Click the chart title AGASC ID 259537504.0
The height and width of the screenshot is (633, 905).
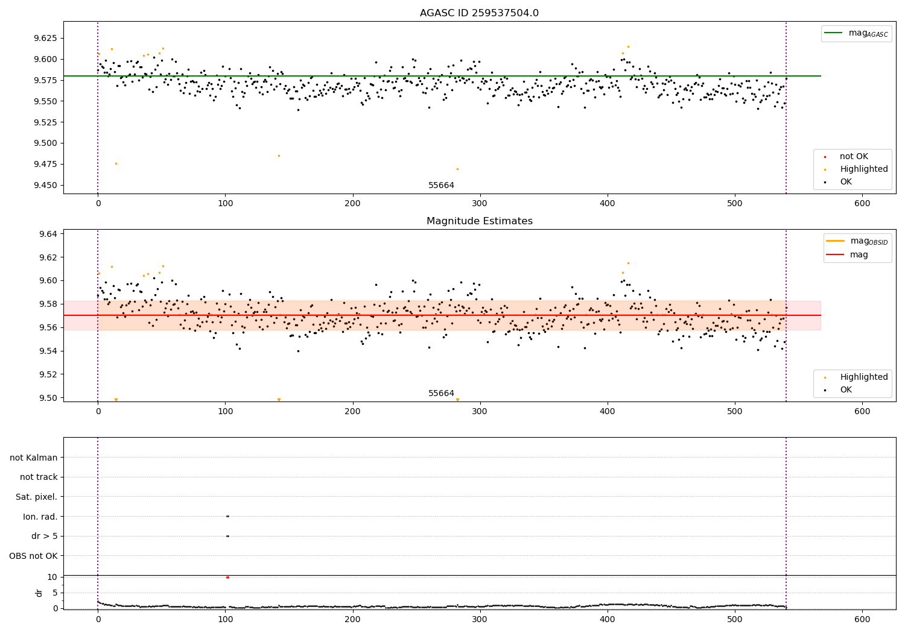click(479, 13)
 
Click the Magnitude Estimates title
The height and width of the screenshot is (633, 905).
click(479, 221)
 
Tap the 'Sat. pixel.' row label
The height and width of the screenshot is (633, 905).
click(36, 497)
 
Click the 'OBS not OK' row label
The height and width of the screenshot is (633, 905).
click(33, 556)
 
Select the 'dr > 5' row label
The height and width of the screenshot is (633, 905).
click(44, 536)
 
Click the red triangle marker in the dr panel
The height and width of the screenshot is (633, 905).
click(227, 577)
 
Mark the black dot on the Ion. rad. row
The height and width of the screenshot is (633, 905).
click(227, 516)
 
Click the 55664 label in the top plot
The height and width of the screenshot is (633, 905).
click(441, 185)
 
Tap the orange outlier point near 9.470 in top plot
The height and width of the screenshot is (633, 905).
click(457, 169)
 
